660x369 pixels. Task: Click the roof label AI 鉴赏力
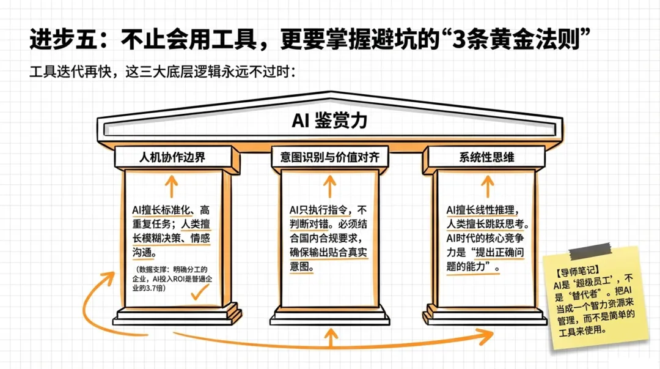[x=329, y=121]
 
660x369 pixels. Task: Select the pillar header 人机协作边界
[x=172, y=157]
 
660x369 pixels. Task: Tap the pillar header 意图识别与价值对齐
[x=330, y=157]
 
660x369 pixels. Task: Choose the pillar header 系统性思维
[x=486, y=157]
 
